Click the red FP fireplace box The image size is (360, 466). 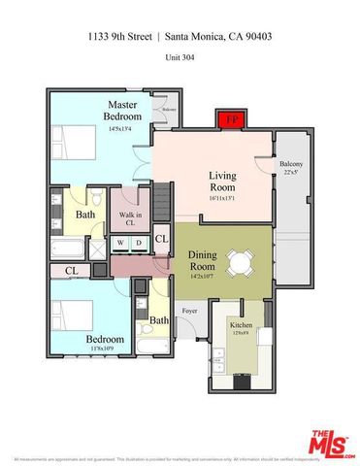tap(230, 120)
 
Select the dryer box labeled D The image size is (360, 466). tap(139, 243)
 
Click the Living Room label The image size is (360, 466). tap(224, 182)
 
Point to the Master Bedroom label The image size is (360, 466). tap(123, 110)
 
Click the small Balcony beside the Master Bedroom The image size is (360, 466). tap(169, 110)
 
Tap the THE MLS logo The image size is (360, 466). tap(331, 444)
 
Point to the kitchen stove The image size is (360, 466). tap(240, 382)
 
